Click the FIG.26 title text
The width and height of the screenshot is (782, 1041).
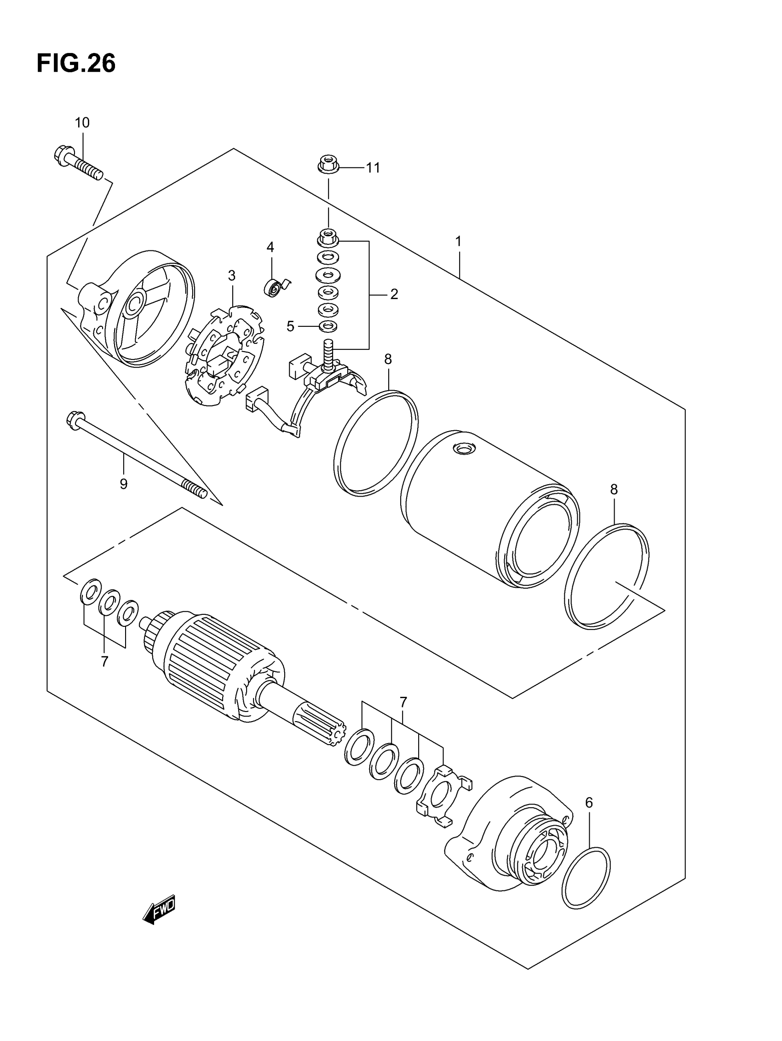tap(76, 64)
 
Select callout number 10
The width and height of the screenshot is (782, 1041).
tap(82, 123)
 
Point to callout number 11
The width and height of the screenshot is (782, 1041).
tap(373, 168)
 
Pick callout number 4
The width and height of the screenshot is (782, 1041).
tap(270, 247)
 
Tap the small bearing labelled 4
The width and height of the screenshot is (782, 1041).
tap(273, 287)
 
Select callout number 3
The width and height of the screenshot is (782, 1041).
tap(231, 275)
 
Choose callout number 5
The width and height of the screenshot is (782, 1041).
tap(290, 326)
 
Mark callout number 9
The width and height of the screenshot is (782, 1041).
tap(123, 484)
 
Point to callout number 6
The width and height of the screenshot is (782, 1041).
tap(589, 803)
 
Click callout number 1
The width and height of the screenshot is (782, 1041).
tap(458, 242)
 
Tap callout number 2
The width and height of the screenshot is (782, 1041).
tap(394, 294)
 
